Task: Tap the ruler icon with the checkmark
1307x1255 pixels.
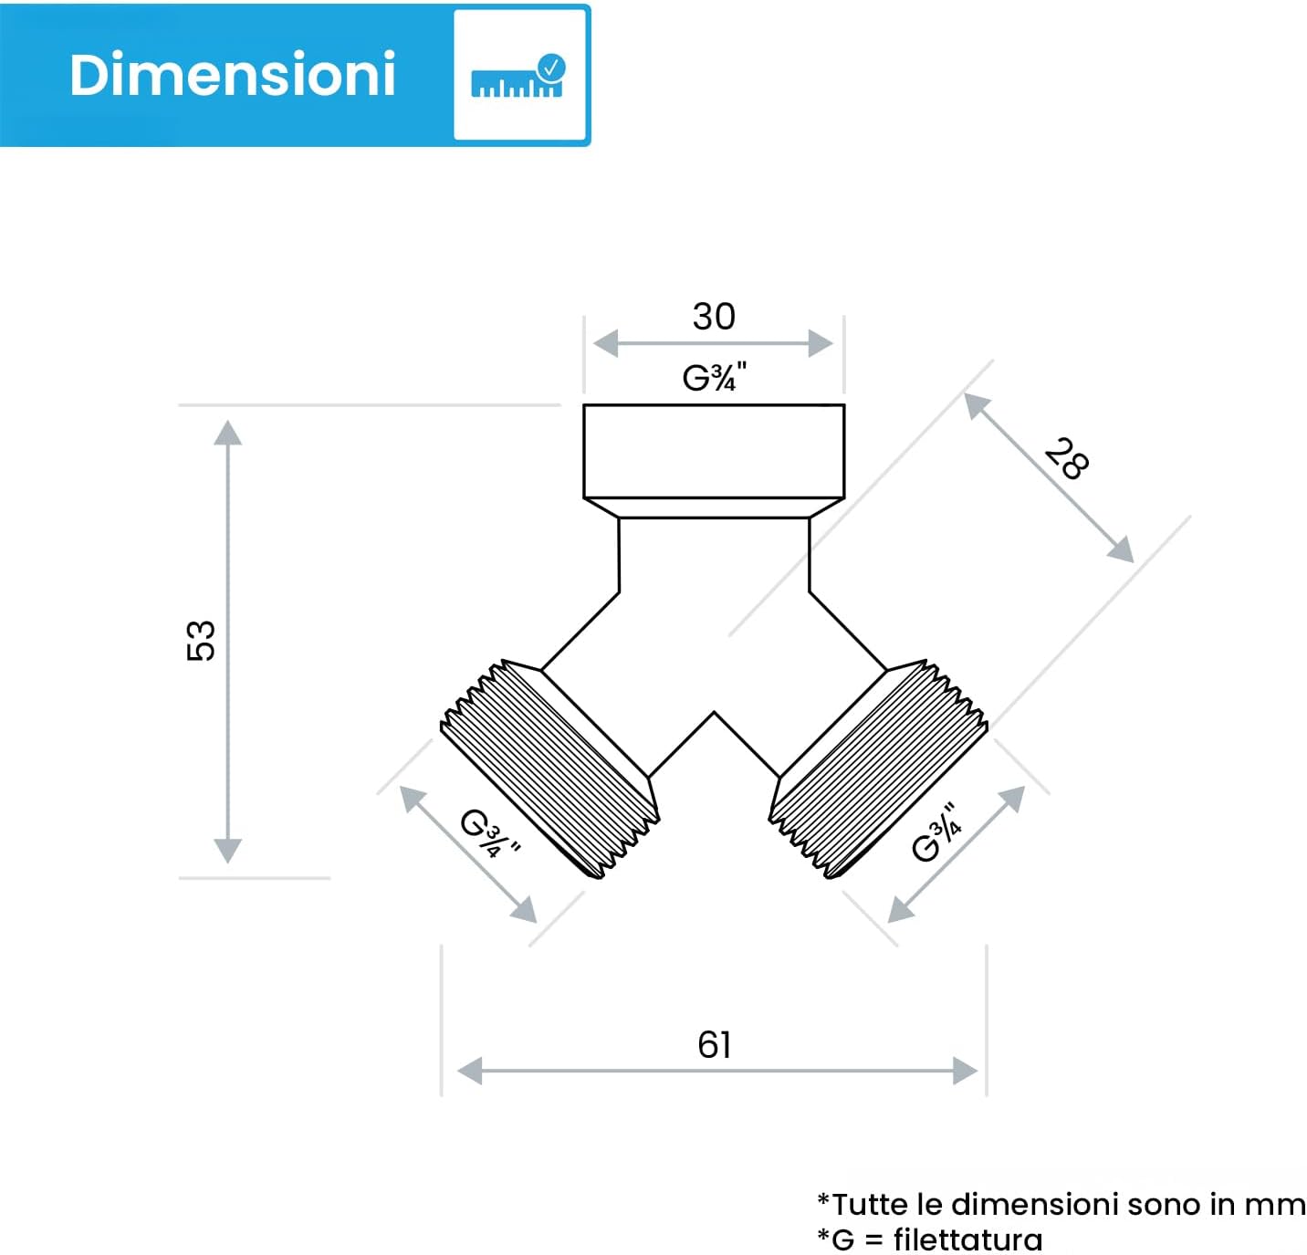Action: point(518,77)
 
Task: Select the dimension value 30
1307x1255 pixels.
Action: point(713,317)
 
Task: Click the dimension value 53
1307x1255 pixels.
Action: point(201,640)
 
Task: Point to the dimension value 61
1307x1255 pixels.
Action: point(714,1044)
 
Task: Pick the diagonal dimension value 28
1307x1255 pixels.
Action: point(1066,458)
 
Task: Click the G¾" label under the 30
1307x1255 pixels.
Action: point(714,376)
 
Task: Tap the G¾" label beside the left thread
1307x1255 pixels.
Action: point(488,832)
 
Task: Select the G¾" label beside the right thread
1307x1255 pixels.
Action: point(937,832)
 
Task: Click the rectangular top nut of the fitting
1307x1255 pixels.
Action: point(714,451)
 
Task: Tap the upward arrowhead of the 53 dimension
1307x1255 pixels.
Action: point(227,432)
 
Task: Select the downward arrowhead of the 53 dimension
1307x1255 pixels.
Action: point(227,851)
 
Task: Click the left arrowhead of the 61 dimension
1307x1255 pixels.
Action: point(469,1071)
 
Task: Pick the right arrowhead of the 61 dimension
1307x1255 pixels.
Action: point(965,1071)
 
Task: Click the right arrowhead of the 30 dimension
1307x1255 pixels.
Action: point(821,344)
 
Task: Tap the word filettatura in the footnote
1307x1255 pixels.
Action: point(967,1239)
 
